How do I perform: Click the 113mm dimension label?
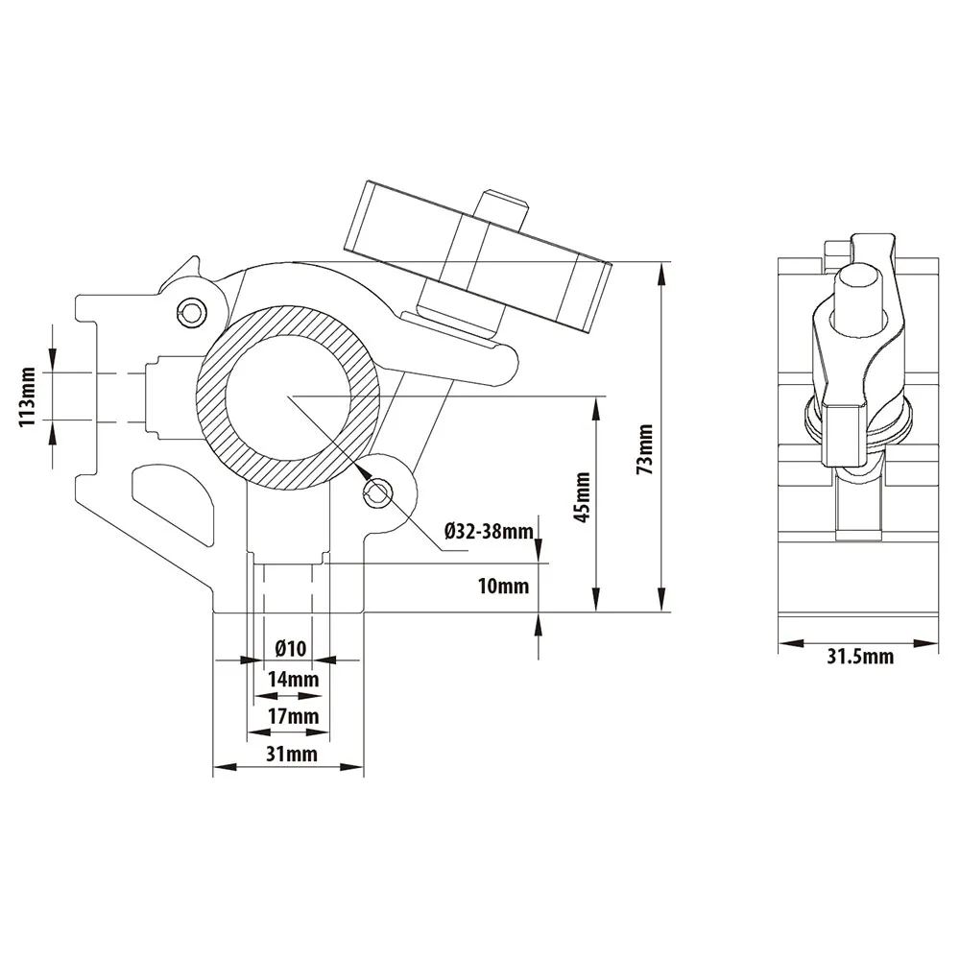[28, 396]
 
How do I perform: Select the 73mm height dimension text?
[645, 449]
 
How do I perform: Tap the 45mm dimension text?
[582, 496]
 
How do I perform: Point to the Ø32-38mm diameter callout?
[490, 531]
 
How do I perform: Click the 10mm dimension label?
[503, 586]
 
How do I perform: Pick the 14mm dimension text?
[293, 679]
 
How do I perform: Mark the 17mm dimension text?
[293, 715]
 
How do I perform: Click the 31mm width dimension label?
[292, 753]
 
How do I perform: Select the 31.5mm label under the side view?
[860, 657]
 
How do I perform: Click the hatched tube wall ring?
[210, 398]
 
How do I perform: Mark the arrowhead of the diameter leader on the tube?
[360, 469]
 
